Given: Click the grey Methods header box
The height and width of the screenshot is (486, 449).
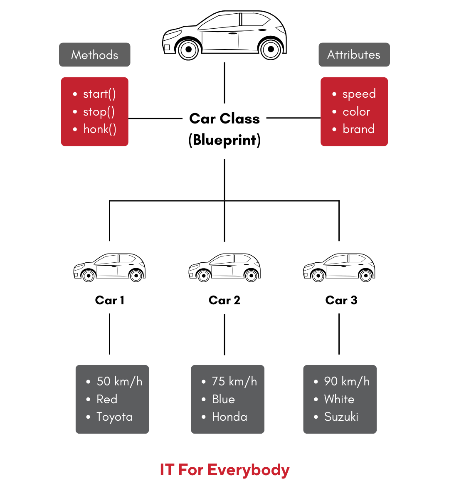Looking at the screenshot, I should pos(94,54).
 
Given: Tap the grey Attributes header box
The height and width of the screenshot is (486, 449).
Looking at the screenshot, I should pos(354,54).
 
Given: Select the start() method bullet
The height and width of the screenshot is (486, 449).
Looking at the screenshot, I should pos(99,94).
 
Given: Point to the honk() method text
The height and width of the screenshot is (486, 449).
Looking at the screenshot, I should pos(100,129).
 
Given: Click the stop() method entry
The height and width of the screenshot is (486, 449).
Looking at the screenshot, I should pos(99,112).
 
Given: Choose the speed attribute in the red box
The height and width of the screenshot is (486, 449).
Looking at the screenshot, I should pos(359,94).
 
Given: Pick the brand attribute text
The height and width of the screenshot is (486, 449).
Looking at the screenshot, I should pos(358,129).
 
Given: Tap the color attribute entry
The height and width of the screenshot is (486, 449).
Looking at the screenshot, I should pos(356,112).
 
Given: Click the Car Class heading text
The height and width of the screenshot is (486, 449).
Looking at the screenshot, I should pos(224,119).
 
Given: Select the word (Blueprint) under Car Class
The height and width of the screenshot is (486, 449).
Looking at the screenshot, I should pos(224,140).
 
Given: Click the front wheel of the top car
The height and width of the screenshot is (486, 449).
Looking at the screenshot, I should pos(188,49).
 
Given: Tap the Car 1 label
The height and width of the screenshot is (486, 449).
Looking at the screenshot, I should pos(110,300).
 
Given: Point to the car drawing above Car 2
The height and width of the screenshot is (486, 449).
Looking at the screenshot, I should pos(224,267).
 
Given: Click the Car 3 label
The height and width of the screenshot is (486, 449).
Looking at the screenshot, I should pos(341,300).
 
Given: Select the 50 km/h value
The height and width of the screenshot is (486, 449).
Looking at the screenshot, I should pos(119,381).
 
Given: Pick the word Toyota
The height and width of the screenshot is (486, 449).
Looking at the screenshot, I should pos(114,417).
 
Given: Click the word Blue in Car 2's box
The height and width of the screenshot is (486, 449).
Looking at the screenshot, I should pos(223,399).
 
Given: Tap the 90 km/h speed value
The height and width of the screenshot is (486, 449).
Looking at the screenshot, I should pos(347,381).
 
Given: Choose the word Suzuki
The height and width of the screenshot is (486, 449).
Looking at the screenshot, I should pos(341,417).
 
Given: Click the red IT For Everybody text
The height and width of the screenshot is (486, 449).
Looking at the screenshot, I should pos(224,470).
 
